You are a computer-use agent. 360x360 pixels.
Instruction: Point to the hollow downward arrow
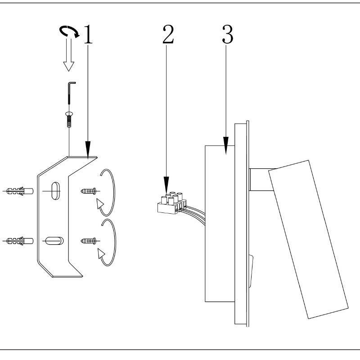(68, 56)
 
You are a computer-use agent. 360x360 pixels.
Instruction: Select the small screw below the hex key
(69, 118)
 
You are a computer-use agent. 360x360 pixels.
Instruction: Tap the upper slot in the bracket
(54, 191)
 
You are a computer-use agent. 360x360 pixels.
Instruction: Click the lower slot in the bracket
(54, 241)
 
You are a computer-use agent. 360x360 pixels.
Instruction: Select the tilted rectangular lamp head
(308, 238)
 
